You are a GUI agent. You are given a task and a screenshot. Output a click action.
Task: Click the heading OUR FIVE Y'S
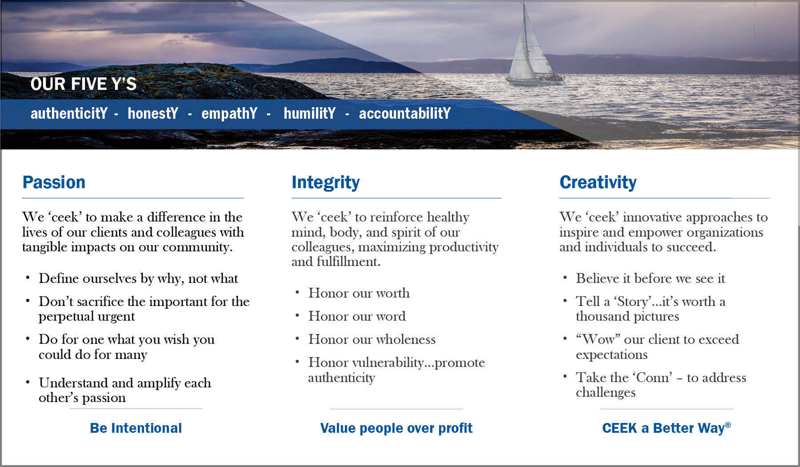tap(84, 84)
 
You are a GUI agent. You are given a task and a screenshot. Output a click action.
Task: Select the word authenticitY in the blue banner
tap(69, 113)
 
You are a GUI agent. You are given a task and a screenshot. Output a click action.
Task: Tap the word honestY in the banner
tap(153, 113)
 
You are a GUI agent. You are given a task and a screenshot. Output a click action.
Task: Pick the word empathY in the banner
tap(229, 113)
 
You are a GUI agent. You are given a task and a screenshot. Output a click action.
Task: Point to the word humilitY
tap(309, 113)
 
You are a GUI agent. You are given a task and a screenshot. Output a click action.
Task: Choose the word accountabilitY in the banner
tap(404, 113)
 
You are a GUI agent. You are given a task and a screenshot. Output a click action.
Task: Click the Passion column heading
tap(54, 182)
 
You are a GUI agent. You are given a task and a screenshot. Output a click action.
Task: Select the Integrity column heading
tap(325, 183)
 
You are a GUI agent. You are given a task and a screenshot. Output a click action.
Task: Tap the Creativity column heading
tap(598, 182)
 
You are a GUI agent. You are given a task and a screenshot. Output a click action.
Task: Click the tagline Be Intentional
tap(136, 428)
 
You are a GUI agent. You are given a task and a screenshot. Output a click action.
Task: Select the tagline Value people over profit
tap(396, 428)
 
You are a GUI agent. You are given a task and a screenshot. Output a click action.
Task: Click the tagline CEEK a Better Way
tap(664, 428)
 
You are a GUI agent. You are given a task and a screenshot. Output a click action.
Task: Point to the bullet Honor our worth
tap(359, 293)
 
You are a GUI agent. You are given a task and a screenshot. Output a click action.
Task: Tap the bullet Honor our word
tap(357, 316)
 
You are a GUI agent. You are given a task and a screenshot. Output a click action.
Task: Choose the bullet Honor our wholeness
tap(372, 339)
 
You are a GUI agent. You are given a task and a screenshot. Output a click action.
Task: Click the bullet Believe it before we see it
tap(650, 278)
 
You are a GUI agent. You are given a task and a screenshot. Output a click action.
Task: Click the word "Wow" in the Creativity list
tap(597, 339)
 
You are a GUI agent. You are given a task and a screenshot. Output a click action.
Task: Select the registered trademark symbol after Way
tap(728, 424)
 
